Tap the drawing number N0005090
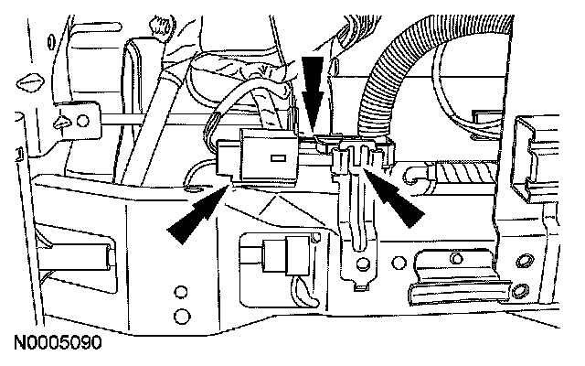[x=57, y=346]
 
